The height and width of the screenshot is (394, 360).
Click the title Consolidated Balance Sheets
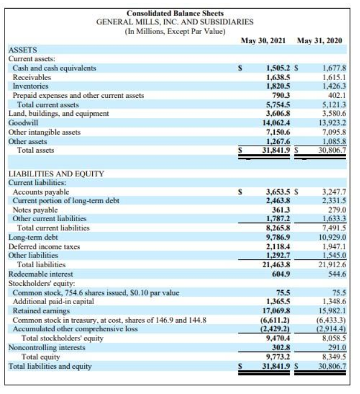point(175,13)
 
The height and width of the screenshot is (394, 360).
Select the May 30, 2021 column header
point(266,41)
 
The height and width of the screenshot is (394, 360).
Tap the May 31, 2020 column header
point(320,41)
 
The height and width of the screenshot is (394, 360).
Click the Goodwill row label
point(22,123)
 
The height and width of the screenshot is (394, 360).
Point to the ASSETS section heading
point(21,50)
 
